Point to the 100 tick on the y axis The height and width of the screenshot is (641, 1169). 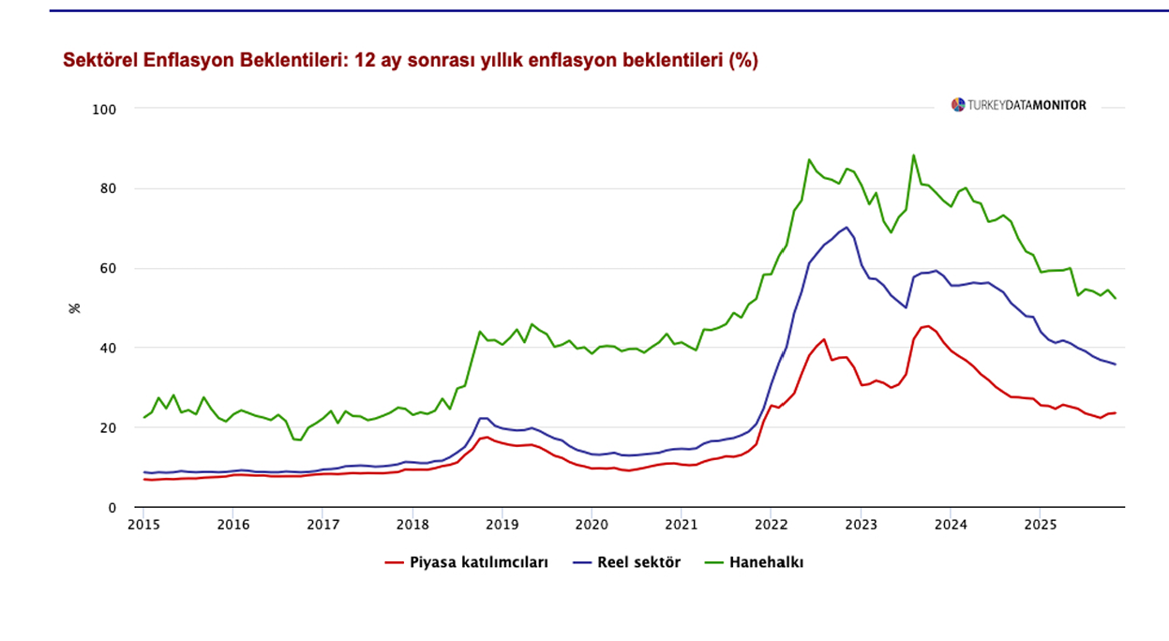[x=104, y=109]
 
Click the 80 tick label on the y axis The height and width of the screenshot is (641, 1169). [x=108, y=188]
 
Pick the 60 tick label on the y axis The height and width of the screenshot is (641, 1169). [x=108, y=268]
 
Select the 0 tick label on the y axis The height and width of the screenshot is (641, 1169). [x=112, y=508]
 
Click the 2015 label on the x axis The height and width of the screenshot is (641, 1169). [x=143, y=523]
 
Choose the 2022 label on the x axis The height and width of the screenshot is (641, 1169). [x=771, y=523]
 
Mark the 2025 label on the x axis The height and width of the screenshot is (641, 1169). [x=1040, y=523]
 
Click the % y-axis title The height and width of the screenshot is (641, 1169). [x=75, y=307]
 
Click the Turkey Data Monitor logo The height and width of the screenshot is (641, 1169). [x=1019, y=105]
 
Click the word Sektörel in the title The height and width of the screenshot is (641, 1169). [x=98, y=61]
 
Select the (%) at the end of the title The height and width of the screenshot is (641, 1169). [x=743, y=61]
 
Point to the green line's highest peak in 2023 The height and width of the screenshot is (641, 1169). [x=913, y=156]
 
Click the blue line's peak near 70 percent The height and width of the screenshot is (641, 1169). [x=847, y=227]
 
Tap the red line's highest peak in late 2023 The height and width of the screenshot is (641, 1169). [x=927, y=326]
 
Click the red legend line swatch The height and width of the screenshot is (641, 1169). [x=394, y=563]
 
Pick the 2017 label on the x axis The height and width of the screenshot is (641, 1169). [x=322, y=523]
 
